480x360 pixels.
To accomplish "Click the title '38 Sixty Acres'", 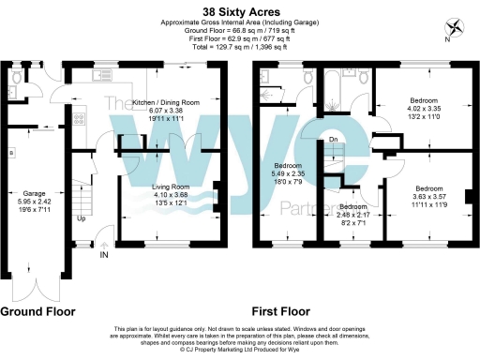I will click(x=239, y=10).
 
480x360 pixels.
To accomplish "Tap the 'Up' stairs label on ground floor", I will click(x=82, y=219).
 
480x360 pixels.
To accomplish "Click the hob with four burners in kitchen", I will click(x=78, y=119).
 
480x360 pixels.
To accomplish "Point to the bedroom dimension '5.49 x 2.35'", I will click(x=288, y=179).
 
